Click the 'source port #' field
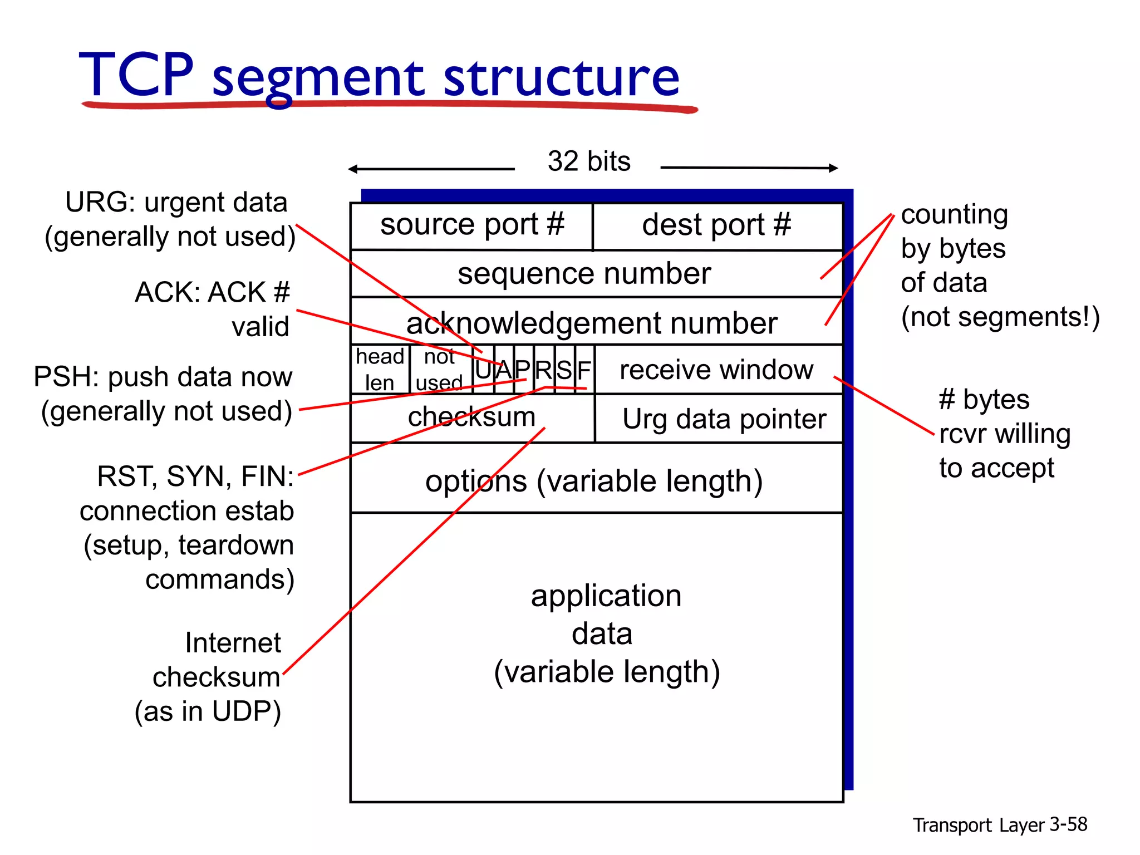(472, 225)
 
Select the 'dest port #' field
(717, 225)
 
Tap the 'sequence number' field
(584, 274)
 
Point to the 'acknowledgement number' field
(592, 323)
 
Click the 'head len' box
(380, 369)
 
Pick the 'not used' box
(440, 369)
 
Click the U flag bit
(483, 370)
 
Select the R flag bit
(544, 370)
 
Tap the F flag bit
(584, 370)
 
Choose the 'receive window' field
(717, 370)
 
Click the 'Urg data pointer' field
(724, 419)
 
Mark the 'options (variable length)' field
(594, 481)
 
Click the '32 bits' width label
(589, 161)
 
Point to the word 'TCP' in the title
(136, 75)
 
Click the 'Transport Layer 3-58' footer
(1000, 824)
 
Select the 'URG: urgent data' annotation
(176, 203)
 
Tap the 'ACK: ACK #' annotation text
(212, 292)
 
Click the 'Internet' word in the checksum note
(233, 643)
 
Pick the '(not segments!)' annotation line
(1000, 317)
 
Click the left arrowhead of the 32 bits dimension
(352, 169)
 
